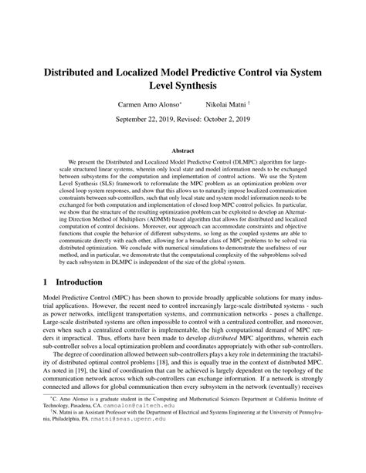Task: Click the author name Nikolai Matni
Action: pos(228,103)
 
